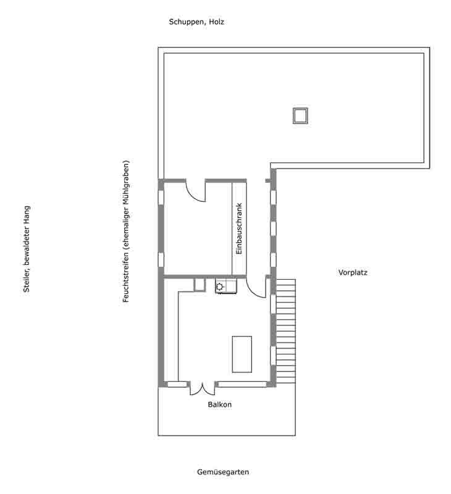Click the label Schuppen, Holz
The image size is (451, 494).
pos(196,22)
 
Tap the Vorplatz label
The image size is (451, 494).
pos(353,272)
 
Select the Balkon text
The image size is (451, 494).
pos(220,404)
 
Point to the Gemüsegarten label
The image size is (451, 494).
pos(223,472)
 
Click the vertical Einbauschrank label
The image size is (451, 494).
pos(239,228)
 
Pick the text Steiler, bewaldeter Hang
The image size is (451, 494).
pos(27,249)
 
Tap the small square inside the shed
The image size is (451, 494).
pos(300,115)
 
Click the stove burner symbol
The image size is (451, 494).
pos(220,287)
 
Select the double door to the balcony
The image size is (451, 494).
pos(202,389)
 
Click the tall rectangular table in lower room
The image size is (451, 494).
pos(242,354)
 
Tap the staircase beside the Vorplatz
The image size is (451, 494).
pos(286,331)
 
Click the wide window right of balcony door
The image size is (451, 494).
pos(242,384)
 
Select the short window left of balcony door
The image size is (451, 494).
pos(177,384)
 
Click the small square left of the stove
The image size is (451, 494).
pos(199,285)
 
